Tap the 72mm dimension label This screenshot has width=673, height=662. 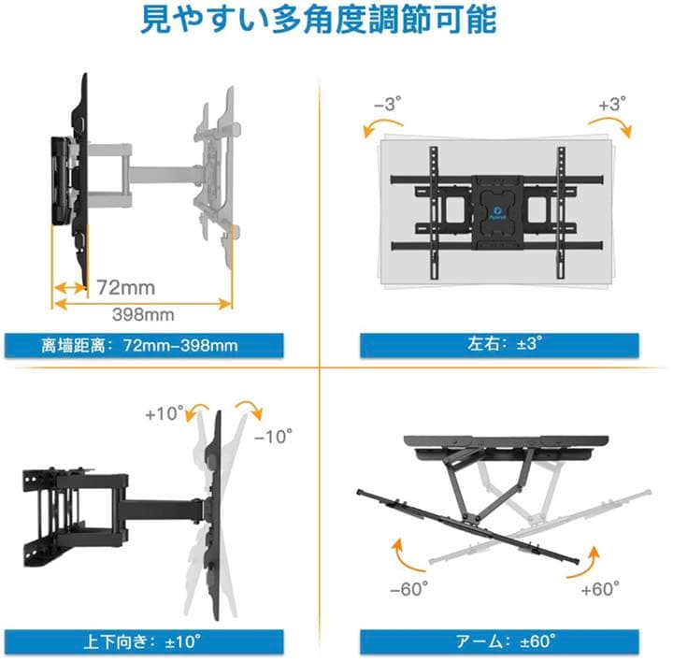coord(125,286)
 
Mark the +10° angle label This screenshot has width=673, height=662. coord(162,412)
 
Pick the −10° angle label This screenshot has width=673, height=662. coord(275,435)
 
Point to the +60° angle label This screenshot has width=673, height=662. coord(600,590)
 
